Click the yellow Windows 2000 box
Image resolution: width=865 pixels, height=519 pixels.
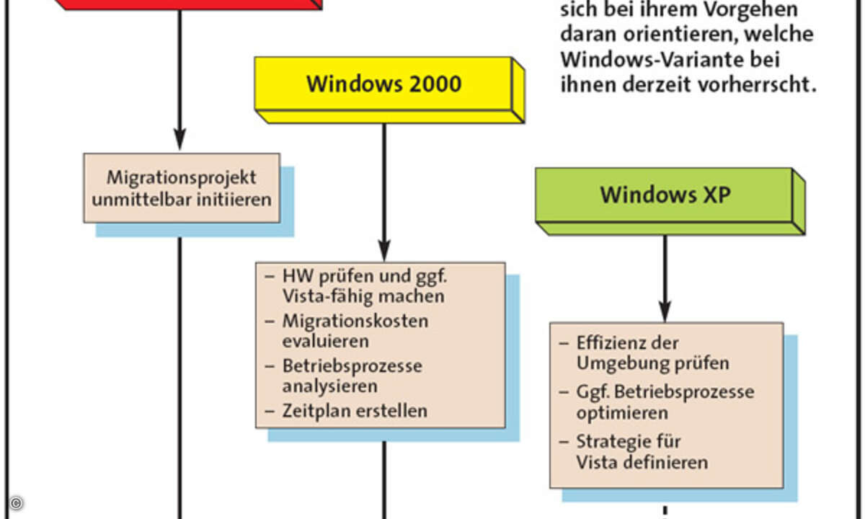click(389, 90)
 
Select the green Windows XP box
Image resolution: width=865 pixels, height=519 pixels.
click(670, 201)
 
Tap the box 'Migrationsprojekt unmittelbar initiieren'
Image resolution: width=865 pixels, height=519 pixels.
click(182, 188)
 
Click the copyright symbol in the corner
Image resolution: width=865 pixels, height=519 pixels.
click(16, 503)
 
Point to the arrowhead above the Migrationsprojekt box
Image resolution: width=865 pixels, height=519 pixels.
click(179, 139)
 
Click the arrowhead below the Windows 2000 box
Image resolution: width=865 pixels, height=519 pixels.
click(383, 250)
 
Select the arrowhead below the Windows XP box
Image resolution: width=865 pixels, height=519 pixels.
click(665, 311)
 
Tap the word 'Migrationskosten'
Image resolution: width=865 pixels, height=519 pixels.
click(355, 321)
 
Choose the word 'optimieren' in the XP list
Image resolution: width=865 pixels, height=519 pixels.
click(622, 413)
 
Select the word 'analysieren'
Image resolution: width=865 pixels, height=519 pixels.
click(330, 386)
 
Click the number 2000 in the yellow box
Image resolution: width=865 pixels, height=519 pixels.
click(435, 84)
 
